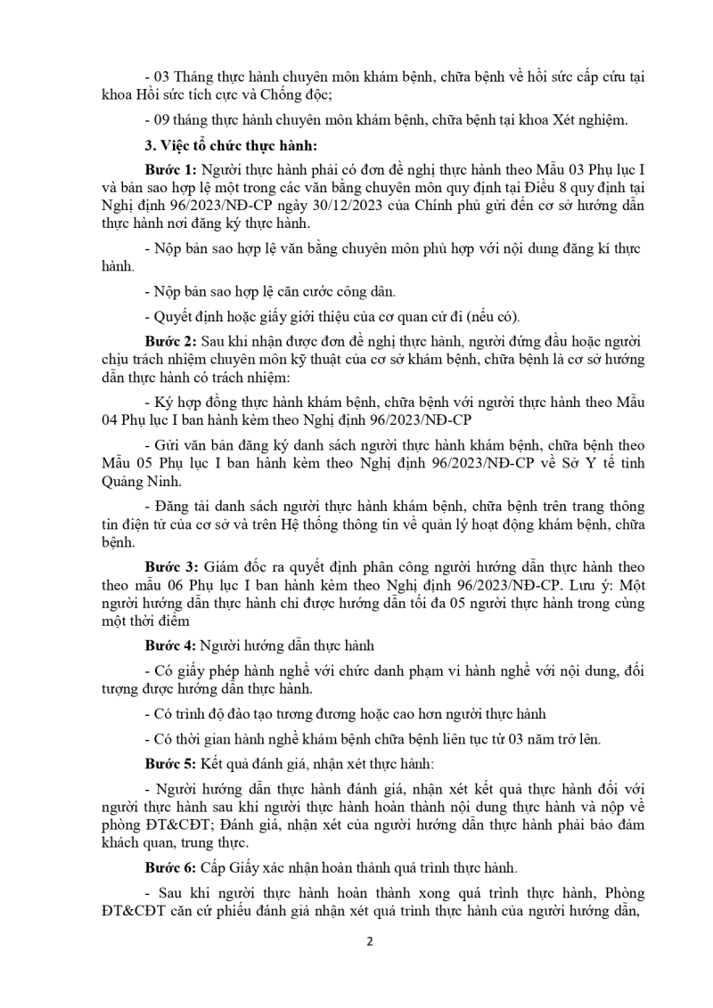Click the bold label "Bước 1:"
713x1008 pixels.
pos(171,168)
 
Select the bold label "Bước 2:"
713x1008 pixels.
pos(171,341)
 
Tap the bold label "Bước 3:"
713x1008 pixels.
pos(171,567)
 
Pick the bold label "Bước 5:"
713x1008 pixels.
pos(171,764)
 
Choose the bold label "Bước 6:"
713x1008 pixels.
pos(171,867)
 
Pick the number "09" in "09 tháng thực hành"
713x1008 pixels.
pos(161,119)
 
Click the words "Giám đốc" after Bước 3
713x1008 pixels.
pos(234,567)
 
